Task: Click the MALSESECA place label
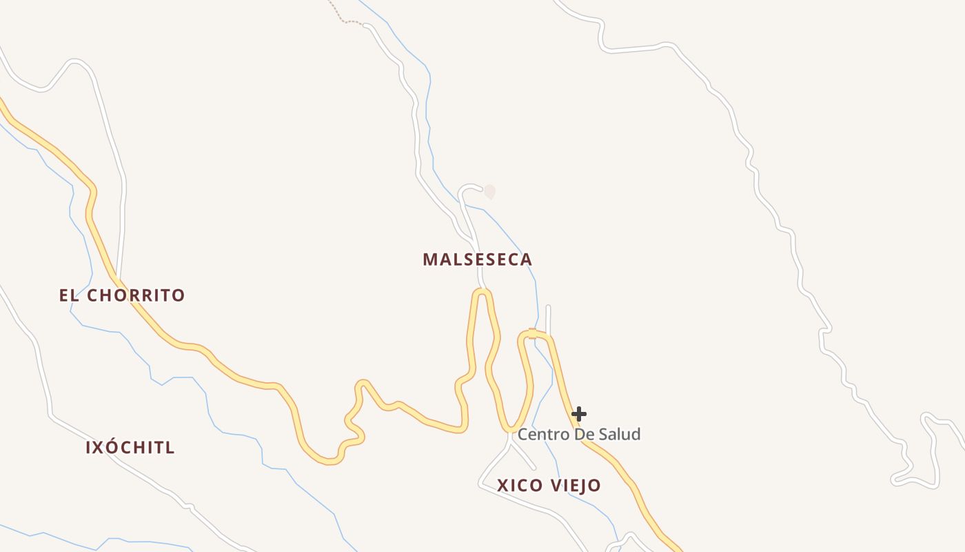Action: coord(477,259)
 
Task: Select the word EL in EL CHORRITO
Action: coord(66,295)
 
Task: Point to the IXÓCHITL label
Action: coord(130,447)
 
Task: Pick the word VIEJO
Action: coord(576,485)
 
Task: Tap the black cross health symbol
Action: coord(579,414)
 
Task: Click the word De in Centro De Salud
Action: coord(582,434)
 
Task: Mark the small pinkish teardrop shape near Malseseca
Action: coord(489,191)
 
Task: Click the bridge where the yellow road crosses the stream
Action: coord(532,334)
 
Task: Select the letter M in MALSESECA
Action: coord(429,259)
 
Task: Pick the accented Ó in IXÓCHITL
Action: coord(114,447)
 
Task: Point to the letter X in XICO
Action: coord(502,485)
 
